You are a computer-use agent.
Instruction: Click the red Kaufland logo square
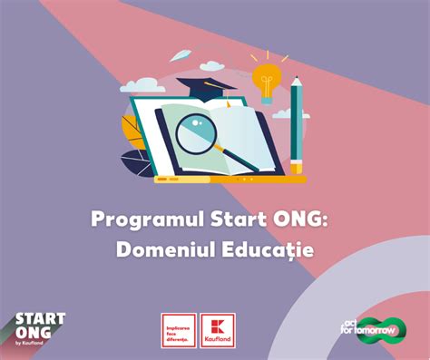pyautogui.click(x=219, y=328)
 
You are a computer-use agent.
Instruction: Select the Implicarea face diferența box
pyautogui.click(x=179, y=328)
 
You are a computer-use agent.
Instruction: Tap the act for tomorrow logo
pyautogui.click(x=374, y=329)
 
